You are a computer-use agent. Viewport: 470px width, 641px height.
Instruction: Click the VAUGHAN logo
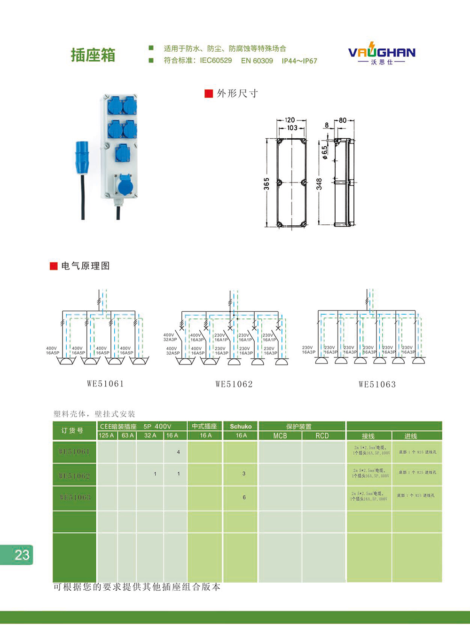[x=382, y=53]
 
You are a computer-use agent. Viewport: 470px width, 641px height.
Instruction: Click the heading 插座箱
[x=93, y=55]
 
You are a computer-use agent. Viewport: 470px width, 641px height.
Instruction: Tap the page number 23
[x=22, y=555]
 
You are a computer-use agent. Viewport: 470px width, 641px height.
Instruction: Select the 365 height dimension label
[x=266, y=183]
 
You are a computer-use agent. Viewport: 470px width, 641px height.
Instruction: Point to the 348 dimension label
[x=319, y=183]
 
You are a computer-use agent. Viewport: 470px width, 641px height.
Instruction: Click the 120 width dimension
[x=290, y=120]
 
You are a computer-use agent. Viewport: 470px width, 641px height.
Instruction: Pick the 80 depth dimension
[x=343, y=120]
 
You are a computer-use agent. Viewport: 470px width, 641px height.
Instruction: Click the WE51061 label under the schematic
[x=105, y=384]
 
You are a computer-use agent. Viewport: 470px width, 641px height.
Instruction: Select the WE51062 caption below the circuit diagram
[x=234, y=384]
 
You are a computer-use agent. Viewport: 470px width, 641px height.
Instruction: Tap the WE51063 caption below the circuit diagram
[x=377, y=384]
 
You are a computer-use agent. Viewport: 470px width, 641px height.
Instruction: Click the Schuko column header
[x=241, y=427]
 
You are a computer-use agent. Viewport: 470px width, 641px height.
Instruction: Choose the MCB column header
[x=280, y=436]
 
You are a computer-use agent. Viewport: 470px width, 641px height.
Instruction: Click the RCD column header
[x=322, y=436]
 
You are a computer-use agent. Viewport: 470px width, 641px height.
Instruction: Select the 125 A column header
[x=106, y=435]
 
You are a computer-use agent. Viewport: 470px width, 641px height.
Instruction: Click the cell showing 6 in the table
[x=244, y=497]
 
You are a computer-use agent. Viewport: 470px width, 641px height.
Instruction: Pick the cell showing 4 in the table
[x=178, y=452]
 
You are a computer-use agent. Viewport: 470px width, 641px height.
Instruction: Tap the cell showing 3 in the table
[x=243, y=474]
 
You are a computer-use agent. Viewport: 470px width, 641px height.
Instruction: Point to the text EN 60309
[x=257, y=61]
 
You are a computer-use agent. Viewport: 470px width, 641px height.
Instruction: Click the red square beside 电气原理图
[x=54, y=266]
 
